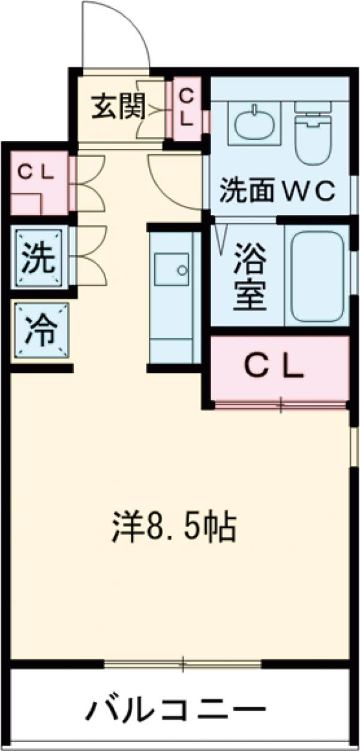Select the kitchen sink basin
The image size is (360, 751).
172,270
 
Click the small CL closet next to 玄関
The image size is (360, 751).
187,108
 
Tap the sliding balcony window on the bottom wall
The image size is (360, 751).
183,663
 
